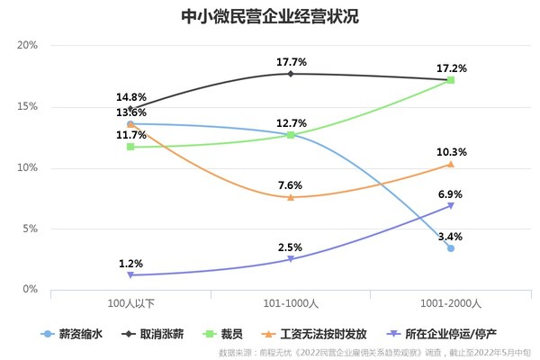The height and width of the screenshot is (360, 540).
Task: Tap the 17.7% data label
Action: pos(292,62)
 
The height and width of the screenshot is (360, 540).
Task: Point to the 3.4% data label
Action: pos(451,236)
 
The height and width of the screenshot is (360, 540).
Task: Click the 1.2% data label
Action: pos(131,264)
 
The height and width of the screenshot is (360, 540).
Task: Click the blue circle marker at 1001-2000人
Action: pos(451,248)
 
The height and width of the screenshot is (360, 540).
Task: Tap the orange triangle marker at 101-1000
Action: pos(291,197)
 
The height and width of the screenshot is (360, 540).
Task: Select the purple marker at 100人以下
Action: pos(131,275)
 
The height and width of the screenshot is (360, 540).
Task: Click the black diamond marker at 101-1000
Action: pos(291,74)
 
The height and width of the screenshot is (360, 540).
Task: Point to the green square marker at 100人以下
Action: pos(131,147)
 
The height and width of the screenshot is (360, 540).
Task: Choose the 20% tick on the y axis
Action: pos(28,45)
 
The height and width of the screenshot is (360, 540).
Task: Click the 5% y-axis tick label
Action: pos(31,229)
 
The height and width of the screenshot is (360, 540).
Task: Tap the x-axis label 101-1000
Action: pos(291,304)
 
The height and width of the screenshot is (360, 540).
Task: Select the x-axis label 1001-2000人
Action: pos(451,304)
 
